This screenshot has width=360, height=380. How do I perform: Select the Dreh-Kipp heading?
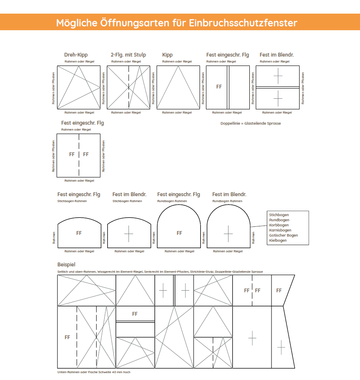(76, 55)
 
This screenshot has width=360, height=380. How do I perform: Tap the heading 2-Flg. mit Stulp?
(128, 55)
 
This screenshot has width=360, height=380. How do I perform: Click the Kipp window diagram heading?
(167, 55)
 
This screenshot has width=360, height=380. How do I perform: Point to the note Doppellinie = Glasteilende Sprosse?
(251, 123)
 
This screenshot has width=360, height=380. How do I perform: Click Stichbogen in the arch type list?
(279, 215)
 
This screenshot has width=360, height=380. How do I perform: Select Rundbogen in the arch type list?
(279, 220)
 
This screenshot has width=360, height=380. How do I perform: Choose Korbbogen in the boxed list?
(279, 225)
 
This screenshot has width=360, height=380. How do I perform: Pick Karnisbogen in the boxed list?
(280, 230)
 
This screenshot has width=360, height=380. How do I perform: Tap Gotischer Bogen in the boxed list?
(283, 235)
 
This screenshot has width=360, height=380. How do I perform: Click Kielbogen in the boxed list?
(278, 240)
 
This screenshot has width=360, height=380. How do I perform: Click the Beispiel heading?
(66, 265)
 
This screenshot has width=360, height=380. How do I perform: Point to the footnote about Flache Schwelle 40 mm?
(94, 372)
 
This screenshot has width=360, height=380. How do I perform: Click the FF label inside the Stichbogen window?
(79, 233)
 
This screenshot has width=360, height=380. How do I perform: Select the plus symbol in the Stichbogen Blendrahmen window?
(129, 233)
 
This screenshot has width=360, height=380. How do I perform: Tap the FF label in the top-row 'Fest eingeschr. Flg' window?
(219, 86)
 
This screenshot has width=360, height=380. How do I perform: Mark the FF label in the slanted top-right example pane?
(279, 291)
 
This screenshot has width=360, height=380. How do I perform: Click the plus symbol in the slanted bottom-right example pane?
(281, 347)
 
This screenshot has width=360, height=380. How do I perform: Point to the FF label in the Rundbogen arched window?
(179, 233)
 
